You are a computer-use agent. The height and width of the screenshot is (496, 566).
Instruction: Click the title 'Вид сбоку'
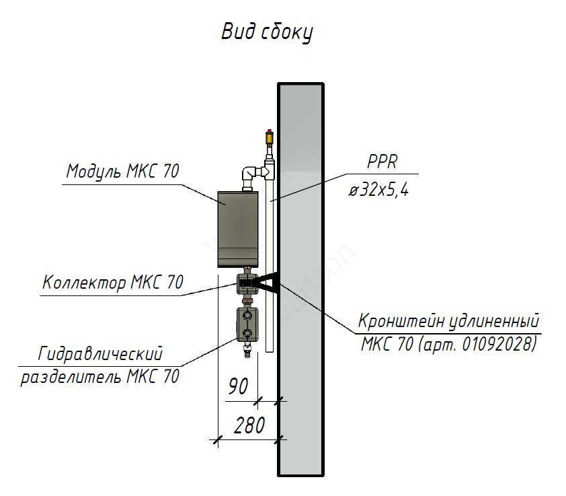pos(267,32)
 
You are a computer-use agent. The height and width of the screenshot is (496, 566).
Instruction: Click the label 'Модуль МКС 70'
pos(123,171)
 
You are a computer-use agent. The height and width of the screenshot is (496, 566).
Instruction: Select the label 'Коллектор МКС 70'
pos(113,282)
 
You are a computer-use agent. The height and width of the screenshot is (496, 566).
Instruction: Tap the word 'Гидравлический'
pos(100,354)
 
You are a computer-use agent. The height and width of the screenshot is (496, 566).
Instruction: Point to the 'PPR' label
pos(382,162)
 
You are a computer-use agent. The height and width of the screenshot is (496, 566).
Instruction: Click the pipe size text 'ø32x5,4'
pos(378,188)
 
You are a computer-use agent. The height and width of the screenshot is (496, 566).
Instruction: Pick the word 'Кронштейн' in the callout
pos(401,320)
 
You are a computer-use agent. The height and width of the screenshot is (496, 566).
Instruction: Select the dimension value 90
pos(238,386)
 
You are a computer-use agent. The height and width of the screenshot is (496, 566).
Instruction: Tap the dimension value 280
pos(249,425)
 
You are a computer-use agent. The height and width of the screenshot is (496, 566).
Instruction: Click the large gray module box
pos(238,229)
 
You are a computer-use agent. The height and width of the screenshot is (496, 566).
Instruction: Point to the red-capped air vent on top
pos(270,136)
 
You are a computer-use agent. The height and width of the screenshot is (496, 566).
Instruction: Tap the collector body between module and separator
pos(247,283)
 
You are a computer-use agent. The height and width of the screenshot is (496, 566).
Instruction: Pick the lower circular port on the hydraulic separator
pos(247,332)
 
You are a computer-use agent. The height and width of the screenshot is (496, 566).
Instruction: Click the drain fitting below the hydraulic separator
pos(247,349)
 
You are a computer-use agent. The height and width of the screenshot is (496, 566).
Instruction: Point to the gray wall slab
pos(300,279)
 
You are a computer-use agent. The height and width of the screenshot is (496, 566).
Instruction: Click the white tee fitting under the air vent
pos(270,169)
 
